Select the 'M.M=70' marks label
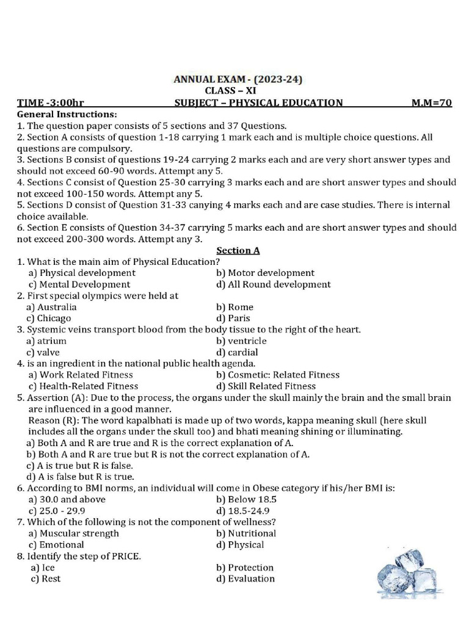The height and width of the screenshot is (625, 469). pyautogui.click(x=432, y=103)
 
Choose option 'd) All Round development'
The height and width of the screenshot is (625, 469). pyautogui.click(x=273, y=284)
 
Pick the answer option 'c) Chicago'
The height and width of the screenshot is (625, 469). pyautogui.click(x=49, y=318)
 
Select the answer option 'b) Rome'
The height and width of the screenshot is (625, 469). pyautogui.click(x=234, y=307)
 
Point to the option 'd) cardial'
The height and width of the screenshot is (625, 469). pyautogui.click(x=237, y=352)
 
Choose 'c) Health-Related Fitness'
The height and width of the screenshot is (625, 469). pyautogui.click(x=83, y=386)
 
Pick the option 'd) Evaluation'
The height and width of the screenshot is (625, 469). pyautogui.click(x=245, y=579)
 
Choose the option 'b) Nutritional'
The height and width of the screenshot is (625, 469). pyautogui.click(x=246, y=533)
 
